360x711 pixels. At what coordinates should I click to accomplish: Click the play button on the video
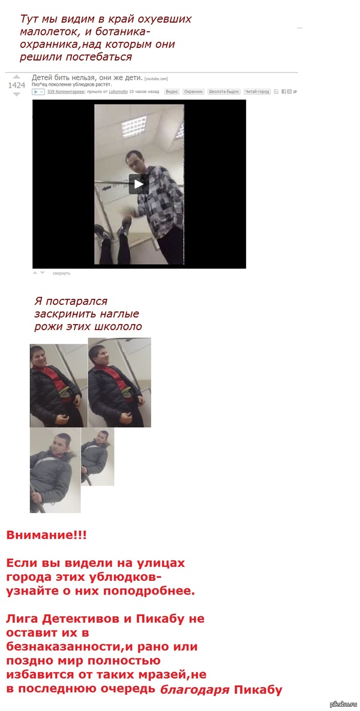click(139, 184)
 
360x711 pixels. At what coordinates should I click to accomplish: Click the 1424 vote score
click(17, 85)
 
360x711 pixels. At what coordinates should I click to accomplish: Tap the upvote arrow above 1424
click(17, 77)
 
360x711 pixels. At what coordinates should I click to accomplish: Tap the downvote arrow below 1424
click(17, 94)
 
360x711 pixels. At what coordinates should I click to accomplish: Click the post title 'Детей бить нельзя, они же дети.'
click(87, 78)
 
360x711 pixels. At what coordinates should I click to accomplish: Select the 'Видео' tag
click(172, 92)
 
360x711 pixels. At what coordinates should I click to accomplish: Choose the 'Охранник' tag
click(193, 92)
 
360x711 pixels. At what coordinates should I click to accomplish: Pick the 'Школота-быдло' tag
click(223, 92)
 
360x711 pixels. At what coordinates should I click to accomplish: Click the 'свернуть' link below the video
click(61, 273)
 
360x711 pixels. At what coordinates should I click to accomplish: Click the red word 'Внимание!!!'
click(46, 535)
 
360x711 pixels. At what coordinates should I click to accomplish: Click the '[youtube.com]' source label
click(156, 79)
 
